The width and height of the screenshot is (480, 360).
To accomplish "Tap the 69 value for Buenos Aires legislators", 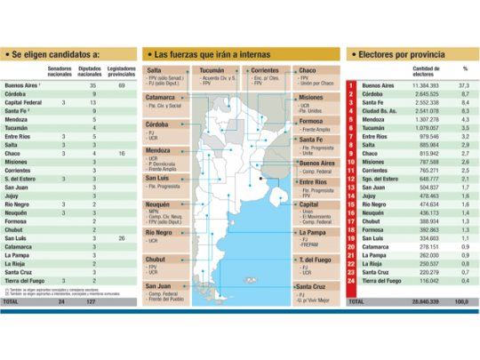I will click(121, 84).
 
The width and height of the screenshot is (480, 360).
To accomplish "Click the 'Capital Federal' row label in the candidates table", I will click(24, 103).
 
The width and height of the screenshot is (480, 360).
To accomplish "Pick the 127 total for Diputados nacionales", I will click(92, 302).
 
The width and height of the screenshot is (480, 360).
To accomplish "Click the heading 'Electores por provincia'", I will click(396, 54).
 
